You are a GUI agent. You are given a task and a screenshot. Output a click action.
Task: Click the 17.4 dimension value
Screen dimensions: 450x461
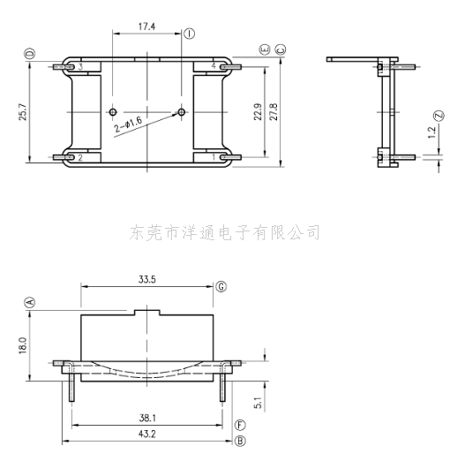(x=146, y=26)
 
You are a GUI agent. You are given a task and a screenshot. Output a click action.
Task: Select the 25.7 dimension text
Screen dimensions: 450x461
(x=23, y=112)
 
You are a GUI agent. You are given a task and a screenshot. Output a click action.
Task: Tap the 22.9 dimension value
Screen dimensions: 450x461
(x=258, y=111)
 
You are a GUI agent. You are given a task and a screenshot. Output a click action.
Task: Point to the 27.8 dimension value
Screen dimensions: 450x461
(x=274, y=111)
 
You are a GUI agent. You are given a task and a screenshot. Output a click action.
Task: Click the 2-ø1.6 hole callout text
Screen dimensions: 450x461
(x=128, y=125)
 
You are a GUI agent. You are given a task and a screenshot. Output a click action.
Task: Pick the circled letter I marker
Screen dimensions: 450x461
(x=190, y=34)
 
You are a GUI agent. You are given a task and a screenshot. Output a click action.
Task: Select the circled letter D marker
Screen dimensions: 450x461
(x=30, y=54)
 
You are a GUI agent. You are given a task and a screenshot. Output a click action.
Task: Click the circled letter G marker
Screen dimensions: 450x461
(x=221, y=286)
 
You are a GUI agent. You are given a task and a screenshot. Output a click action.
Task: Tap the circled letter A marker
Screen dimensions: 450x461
(x=30, y=302)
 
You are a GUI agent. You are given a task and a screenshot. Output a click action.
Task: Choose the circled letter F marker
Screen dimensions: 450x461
(x=240, y=425)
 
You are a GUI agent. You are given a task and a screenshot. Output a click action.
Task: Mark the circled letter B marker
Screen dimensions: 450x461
(x=240, y=441)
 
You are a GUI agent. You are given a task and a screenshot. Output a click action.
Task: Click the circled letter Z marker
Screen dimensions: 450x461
(x=439, y=115)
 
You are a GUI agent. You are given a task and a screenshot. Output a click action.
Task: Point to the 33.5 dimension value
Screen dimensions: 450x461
(x=147, y=279)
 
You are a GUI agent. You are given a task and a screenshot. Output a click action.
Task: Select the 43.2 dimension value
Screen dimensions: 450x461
(x=147, y=434)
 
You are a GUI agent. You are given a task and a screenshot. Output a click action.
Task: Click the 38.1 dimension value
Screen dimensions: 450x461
(x=147, y=418)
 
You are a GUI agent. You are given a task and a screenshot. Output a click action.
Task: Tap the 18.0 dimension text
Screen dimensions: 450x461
(x=23, y=345)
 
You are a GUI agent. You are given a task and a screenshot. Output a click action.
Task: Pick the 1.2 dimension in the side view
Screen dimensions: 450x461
(x=431, y=132)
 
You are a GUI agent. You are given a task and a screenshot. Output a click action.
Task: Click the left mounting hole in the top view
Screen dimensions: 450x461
(x=113, y=112)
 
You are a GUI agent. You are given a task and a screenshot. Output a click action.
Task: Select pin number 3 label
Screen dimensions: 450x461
(x=80, y=66)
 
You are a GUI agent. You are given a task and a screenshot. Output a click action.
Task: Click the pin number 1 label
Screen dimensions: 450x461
(x=214, y=157)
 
